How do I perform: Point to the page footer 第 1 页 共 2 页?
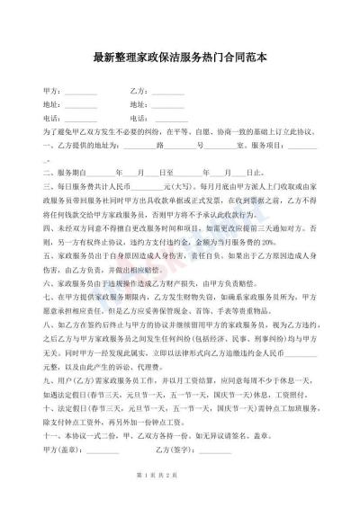pyautogui.click(x=179, y=497)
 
